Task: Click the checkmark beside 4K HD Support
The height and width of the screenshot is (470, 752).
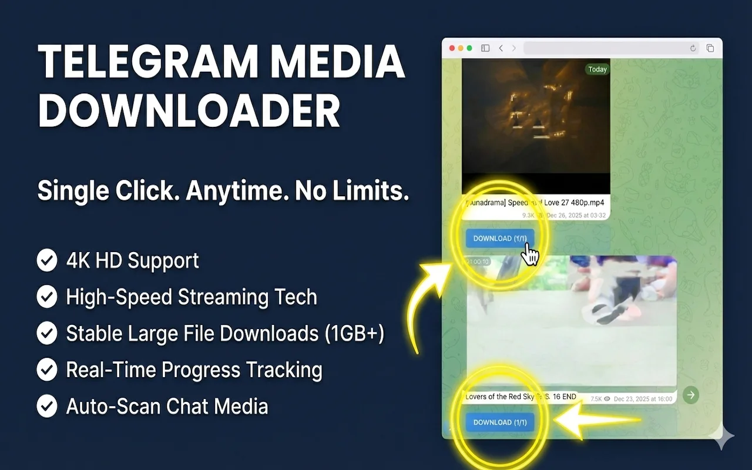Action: [x=47, y=260]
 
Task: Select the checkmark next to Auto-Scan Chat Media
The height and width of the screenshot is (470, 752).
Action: [x=47, y=406]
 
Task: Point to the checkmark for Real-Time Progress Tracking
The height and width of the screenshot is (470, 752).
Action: [x=47, y=370]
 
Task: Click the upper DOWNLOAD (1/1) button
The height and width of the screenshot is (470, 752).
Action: [x=500, y=239]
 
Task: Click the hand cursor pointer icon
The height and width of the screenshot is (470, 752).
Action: [x=531, y=256]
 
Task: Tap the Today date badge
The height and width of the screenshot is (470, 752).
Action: [x=597, y=69]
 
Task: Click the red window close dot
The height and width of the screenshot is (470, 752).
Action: [x=452, y=48]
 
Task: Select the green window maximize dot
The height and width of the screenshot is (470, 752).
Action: [x=469, y=48]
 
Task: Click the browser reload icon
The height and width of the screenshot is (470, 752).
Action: [x=693, y=48]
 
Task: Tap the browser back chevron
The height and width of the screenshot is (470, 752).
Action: [x=501, y=48]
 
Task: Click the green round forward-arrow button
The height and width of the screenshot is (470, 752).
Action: [x=691, y=395]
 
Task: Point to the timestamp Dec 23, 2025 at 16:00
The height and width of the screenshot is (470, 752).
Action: [x=643, y=399]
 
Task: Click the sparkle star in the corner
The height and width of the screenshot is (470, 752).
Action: [x=721, y=437]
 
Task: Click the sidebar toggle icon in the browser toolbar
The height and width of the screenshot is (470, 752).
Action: [x=485, y=48]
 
